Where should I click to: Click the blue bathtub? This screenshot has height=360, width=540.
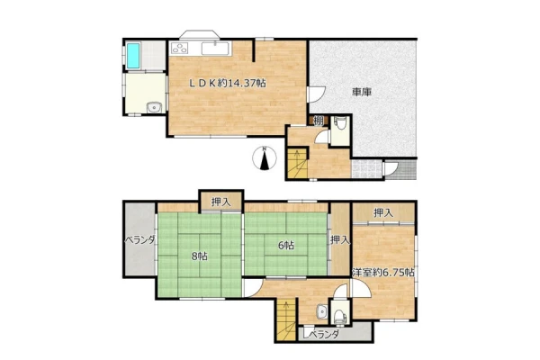[x=133, y=56]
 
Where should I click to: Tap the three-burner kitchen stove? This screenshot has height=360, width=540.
[x=179, y=48]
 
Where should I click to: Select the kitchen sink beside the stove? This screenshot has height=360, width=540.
[x=216, y=48]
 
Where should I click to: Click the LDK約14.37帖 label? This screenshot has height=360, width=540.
[x=229, y=83]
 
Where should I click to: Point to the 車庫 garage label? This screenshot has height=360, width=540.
[x=361, y=92]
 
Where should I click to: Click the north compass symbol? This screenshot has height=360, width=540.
[x=265, y=158]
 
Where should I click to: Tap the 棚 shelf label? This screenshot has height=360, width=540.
[x=319, y=121]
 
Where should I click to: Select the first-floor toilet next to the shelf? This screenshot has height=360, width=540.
[x=340, y=123]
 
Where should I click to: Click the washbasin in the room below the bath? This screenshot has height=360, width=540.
[x=154, y=108]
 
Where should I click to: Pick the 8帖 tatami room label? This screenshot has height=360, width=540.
[x=200, y=256]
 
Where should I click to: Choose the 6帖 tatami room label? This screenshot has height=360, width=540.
[x=286, y=246]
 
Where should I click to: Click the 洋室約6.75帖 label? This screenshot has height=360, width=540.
[x=383, y=273]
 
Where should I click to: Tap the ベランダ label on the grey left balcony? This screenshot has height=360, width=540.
[x=139, y=240]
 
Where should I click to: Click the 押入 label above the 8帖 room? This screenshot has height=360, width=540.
[x=221, y=202]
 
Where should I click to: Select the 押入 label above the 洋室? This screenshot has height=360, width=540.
[x=383, y=213]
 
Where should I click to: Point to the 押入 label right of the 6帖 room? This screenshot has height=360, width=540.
[x=340, y=240]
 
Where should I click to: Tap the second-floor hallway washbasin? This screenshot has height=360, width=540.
[x=322, y=311]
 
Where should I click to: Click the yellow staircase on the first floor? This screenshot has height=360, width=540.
[x=297, y=164]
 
